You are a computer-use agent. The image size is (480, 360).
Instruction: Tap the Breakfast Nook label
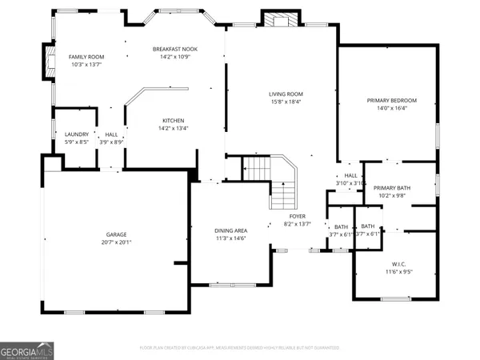click(174, 49)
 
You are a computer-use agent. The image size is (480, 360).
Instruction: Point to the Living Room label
click(286, 94)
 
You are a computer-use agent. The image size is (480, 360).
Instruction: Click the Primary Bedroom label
click(392, 100)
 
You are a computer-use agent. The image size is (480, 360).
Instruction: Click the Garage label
click(117, 234)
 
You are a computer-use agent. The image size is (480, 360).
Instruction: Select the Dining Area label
click(230, 230)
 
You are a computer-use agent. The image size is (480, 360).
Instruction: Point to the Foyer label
click(298, 216)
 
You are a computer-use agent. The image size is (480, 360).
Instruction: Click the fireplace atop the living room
click(280, 21)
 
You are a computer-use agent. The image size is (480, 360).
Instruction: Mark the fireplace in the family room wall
click(49, 62)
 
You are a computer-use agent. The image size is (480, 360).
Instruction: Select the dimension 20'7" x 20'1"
click(117, 242)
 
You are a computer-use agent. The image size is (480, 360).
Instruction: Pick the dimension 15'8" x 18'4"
click(286, 102)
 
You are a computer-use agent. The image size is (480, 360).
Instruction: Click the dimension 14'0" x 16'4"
click(392, 108)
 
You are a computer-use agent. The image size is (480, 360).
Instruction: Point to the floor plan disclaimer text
click(240, 348)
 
